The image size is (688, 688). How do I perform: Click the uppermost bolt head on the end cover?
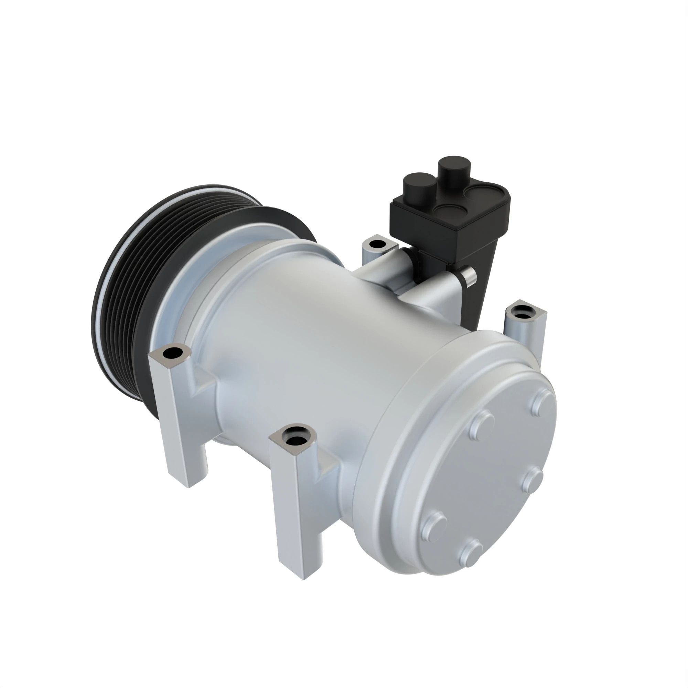pyautogui.click(x=544, y=401)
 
